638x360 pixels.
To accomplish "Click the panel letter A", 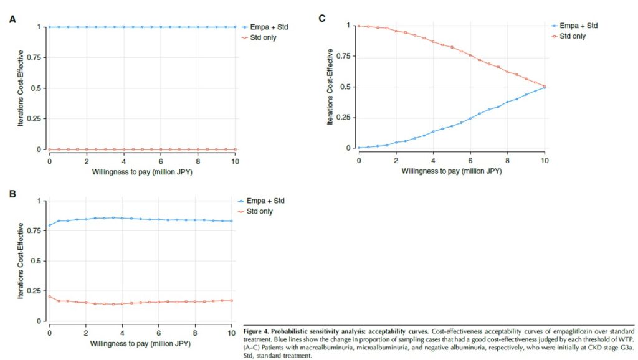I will [x=12, y=19].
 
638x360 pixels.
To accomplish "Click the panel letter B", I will [x=12, y=194].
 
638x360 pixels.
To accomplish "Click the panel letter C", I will [x=322, y=18].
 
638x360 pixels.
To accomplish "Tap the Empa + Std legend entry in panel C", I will [x=579, y=26].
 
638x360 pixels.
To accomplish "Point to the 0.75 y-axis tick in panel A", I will [x=35, y=57].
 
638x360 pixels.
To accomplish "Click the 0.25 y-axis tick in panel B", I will [x=35, y=291].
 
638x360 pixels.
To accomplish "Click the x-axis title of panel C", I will [x=451, y=169].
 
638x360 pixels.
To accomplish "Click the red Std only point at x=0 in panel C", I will [x=359, y=26].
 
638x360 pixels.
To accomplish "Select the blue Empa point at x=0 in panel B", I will [x=50, y=225].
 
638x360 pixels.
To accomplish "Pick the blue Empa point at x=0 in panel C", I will [x=359, y=148].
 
